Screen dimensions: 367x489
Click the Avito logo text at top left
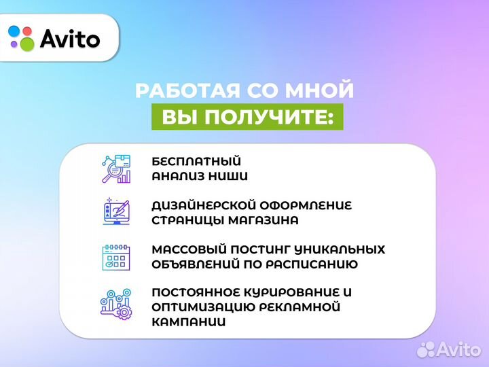coord(70,39)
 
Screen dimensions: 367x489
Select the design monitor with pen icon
coord(115,212)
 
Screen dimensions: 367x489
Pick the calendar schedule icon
coord(115,256)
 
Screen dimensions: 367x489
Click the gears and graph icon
coord(115,304)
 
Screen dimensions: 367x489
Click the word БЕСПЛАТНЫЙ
coord(197,162)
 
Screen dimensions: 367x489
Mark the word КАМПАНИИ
coord(189,322)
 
